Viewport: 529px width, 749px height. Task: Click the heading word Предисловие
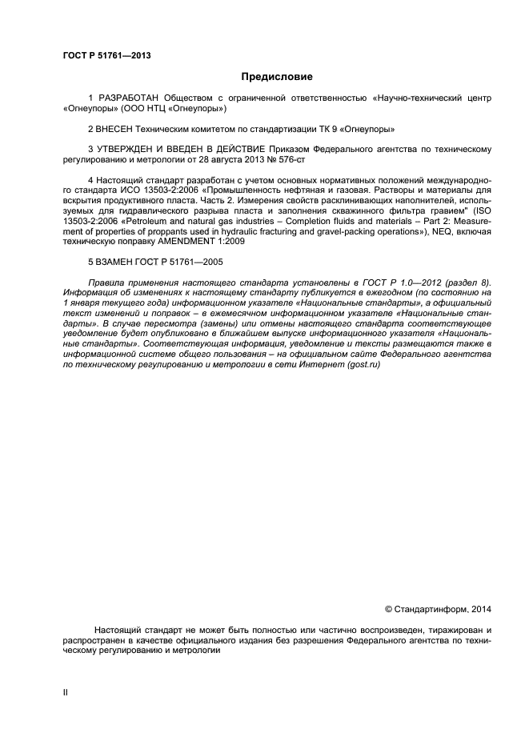277,77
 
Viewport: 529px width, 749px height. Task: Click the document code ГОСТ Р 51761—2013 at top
106,55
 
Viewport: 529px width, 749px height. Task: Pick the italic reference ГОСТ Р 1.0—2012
406,283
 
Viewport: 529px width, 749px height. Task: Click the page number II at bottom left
66,693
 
